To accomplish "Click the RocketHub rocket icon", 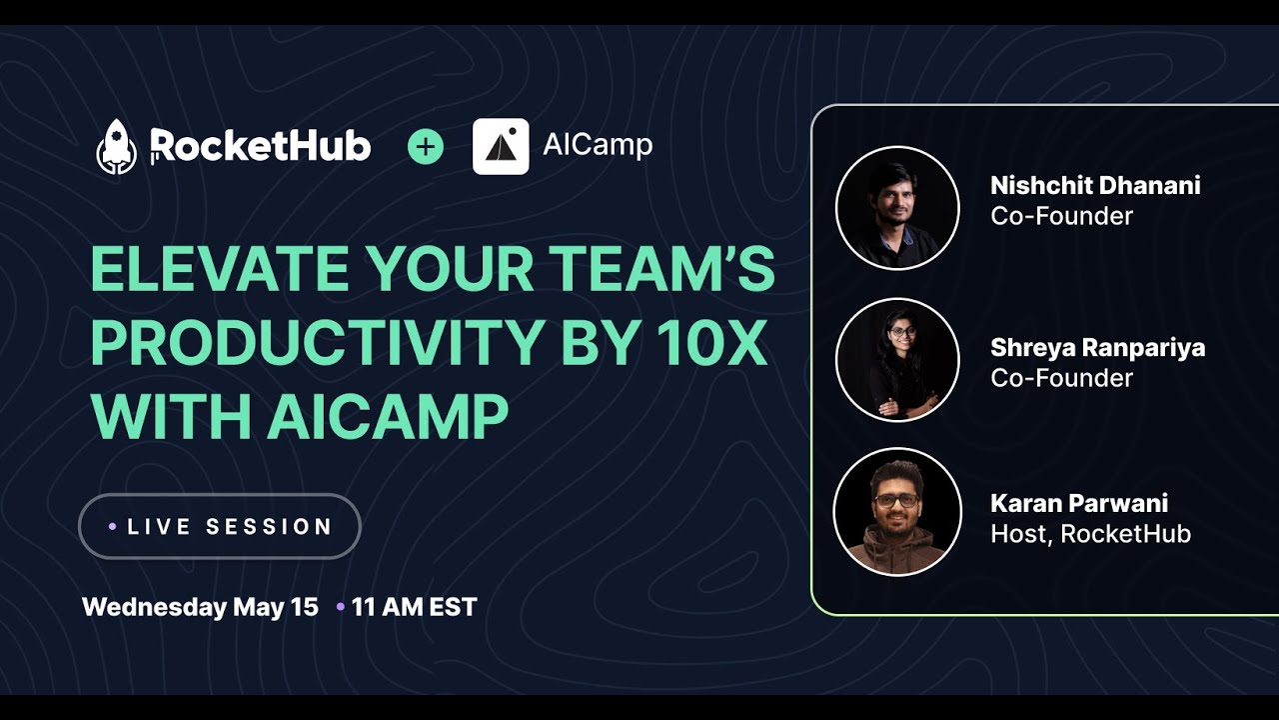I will click(x=116, y=147).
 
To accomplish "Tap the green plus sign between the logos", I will click(x=426, y=147).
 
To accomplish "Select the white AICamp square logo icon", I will click(x=501, y=147).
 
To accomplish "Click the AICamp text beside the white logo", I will click(x=598, y=145).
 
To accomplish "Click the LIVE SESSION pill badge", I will click(x=220, y=526).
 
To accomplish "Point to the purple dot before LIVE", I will click(x=113, y=526).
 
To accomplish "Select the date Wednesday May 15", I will click(x=200, y=607).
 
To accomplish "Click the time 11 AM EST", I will click(x=414, y=607).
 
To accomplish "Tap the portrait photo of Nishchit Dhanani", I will click(x=897, y=208).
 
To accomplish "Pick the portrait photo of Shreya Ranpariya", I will click(x=897, y=360).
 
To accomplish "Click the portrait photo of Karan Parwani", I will click(x=897, y=512).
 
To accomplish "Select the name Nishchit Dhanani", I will click(x=1095, y=185).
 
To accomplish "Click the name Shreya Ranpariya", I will click(x=1097, y=348).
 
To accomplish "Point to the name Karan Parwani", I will click(x=1079, y=503).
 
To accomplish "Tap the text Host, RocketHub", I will click(x=1090, y=534).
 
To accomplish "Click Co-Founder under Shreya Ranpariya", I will click(x=1061, y=378).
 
